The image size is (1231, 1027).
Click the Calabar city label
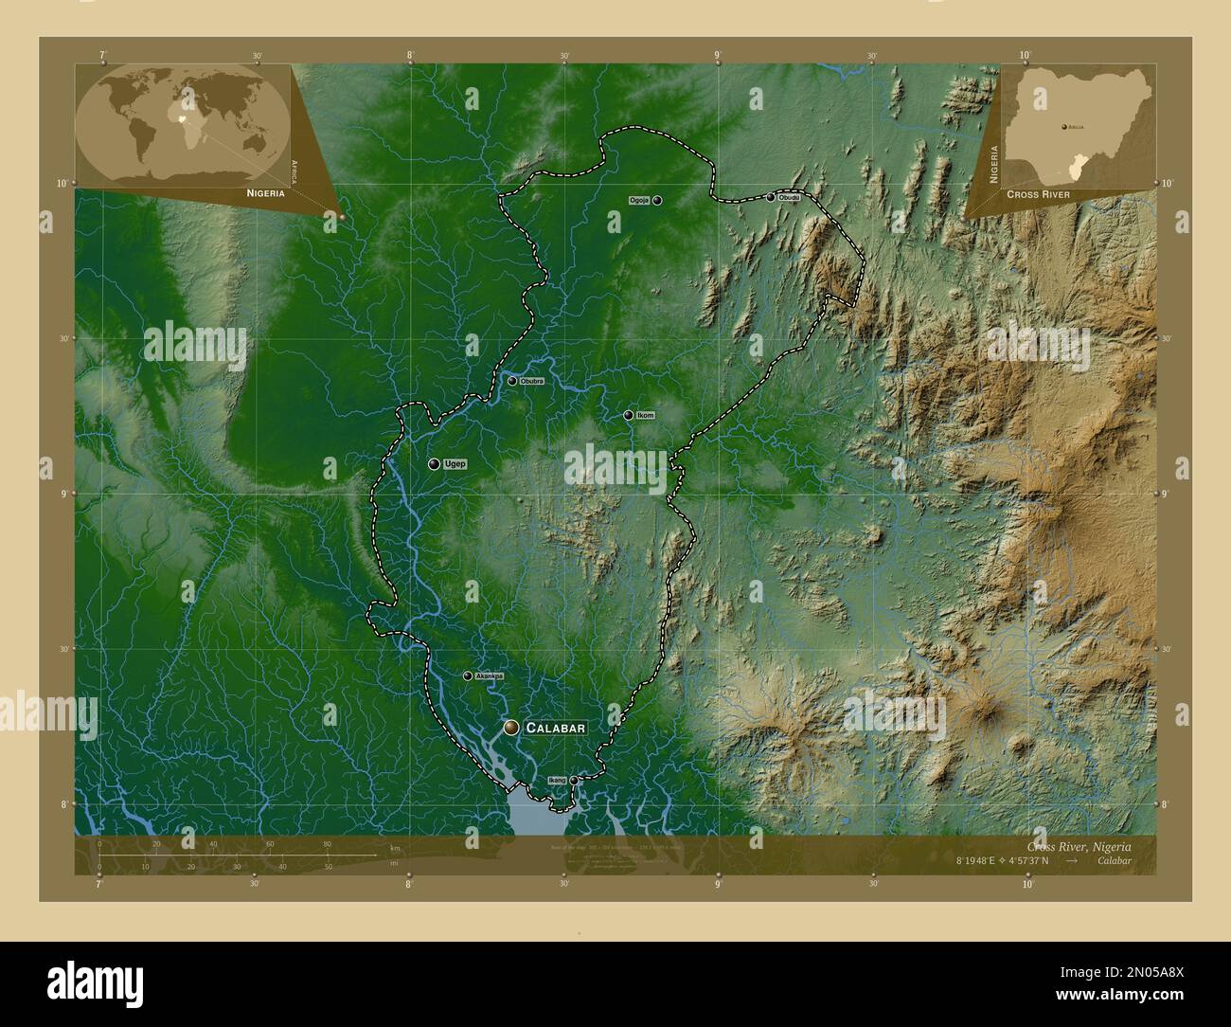tap(556, 728)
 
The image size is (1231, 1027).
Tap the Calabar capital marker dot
tap(511, 728)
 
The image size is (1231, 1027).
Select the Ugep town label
tap(455, 464)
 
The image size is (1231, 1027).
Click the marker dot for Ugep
tap(434, 464)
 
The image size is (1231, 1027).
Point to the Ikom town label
tap(646, 415)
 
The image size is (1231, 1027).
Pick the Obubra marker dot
tap(512, 381)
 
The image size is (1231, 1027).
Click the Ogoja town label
tap(639, 200)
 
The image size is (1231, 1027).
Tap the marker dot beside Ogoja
tap(656, 200)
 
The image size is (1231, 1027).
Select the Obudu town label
tap(790, 197)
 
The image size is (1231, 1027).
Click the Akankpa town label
tap(490, 676)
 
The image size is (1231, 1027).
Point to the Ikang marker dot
tap(573, 781)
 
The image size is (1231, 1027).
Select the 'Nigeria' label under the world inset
tap(265, 192)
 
